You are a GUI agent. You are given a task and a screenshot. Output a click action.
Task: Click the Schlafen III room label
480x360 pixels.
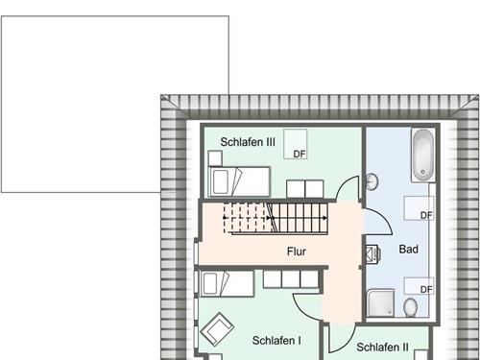[248, 142]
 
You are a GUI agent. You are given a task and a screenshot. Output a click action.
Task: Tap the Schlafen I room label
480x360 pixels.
[276, 340]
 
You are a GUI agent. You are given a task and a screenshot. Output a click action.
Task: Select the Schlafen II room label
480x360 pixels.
[382, 348]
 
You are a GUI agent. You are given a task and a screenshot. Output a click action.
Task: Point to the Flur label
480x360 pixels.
[297, 252]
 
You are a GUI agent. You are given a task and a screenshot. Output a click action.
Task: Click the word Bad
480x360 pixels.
[408, 250]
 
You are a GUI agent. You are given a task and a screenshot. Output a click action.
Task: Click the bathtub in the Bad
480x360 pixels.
[422, 156]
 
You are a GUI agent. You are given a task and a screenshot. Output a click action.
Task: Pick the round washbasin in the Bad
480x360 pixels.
[373, 180]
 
